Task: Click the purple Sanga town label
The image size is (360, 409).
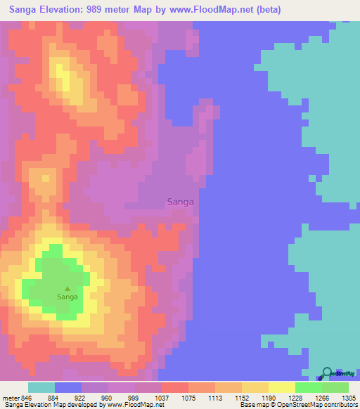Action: (181, 202)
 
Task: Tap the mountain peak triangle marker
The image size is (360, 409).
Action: (67, 288)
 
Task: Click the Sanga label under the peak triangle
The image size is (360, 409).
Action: (67, 297)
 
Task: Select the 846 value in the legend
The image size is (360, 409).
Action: (27, 398)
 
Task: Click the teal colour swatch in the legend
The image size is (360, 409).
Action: (41, 387)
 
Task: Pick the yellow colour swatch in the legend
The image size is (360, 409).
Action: (281, 387)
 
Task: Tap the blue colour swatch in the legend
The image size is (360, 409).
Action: (68, 387)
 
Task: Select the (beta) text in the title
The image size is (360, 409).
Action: (268, 10)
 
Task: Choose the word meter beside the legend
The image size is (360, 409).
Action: (11, 398)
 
